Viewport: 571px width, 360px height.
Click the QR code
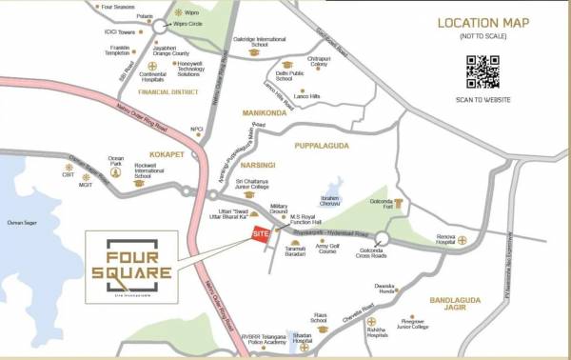click(482, 72)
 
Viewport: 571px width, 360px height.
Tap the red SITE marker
click(260, 234)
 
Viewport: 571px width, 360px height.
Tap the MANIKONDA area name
click(265, 112)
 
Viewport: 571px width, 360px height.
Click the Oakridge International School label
click(257, 42)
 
